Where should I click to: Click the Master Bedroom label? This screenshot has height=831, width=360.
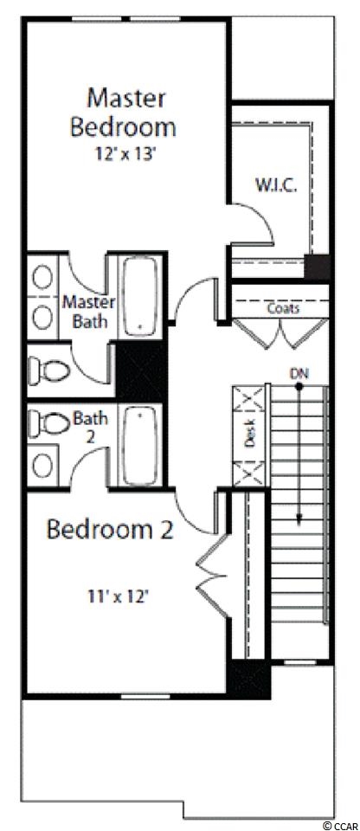(123, 113)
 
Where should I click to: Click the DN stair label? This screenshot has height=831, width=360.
(299, 374)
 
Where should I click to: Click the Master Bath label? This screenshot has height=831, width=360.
(88, 312)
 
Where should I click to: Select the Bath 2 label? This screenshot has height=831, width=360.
(90, 427)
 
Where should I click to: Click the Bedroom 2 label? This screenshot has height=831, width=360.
(110, 530)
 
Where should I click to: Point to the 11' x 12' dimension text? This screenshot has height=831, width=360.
(119, 598)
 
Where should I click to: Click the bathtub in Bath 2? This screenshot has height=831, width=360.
(140, 446)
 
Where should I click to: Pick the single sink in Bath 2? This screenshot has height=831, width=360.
(42, 465)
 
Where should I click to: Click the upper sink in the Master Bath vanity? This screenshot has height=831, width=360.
(42, 276)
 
